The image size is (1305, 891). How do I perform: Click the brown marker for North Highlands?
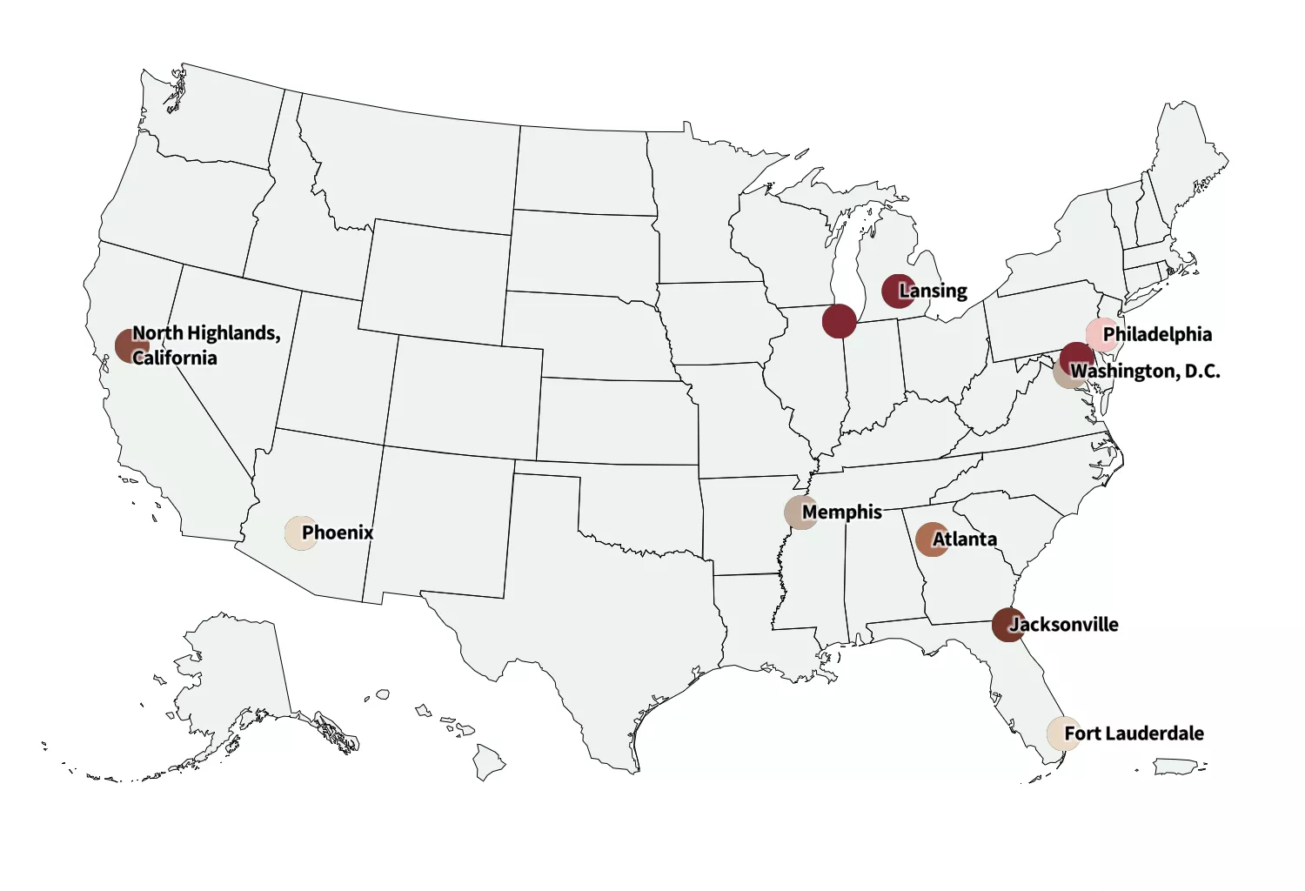(x=130, y=345)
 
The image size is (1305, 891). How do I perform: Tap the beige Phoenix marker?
(x=300, y=533)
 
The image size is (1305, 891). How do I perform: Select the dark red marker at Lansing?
(x=898, y=291)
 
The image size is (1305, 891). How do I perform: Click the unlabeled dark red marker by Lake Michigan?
(x=839, y=321)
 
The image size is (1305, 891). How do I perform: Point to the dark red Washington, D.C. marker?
(x=1076, y=358)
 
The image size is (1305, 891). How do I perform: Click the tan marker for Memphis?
(x=800, y=512)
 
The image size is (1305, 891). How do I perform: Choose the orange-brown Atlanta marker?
(x=931, y=539)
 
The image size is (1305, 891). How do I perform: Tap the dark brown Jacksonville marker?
(x=1007, y=625)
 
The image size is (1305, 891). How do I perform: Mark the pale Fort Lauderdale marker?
(x=1062, y=734)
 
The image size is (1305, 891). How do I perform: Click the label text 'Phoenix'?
(x=338, y=533)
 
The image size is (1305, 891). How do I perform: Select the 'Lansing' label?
(x=934, y=291)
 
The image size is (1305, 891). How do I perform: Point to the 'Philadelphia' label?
(x=1157, y=334)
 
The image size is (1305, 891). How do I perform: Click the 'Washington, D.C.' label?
(x=1145, y=372)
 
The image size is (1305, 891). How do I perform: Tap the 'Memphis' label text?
(x=842, y=512)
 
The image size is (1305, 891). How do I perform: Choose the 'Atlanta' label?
(x=965, y=539)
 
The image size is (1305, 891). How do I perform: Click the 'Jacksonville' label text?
(x=1064, y=625)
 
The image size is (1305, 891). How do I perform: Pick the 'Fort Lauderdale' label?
(x=1134, y=734)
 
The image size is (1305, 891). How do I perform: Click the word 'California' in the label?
(x=175, y=358)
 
